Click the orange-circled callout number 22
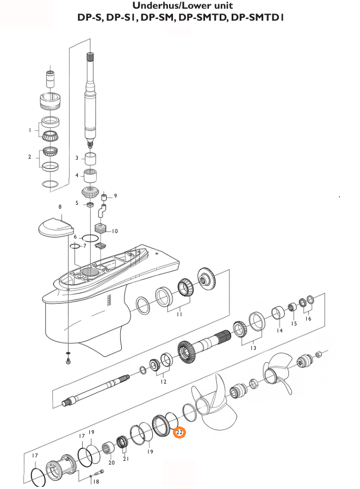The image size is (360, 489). tap(179, 432)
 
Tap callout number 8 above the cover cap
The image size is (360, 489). tap(60, 207)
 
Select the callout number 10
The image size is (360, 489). tap(115, 231)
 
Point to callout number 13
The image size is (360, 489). tap(253, 348)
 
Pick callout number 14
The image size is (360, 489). tap(280, 330)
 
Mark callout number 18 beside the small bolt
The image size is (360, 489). tap(96, 481)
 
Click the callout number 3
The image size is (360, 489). tap(77, 158)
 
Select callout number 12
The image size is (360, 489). tap(164, 382)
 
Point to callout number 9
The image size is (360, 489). tap(115, 196)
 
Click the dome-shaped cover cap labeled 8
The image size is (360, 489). tap(56, 226)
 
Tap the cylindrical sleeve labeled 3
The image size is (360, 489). tap(91, 159)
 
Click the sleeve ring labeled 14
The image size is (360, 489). tap(277, 314)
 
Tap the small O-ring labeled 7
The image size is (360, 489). tap(75, 246)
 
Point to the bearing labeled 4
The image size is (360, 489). tap(91, 177)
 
